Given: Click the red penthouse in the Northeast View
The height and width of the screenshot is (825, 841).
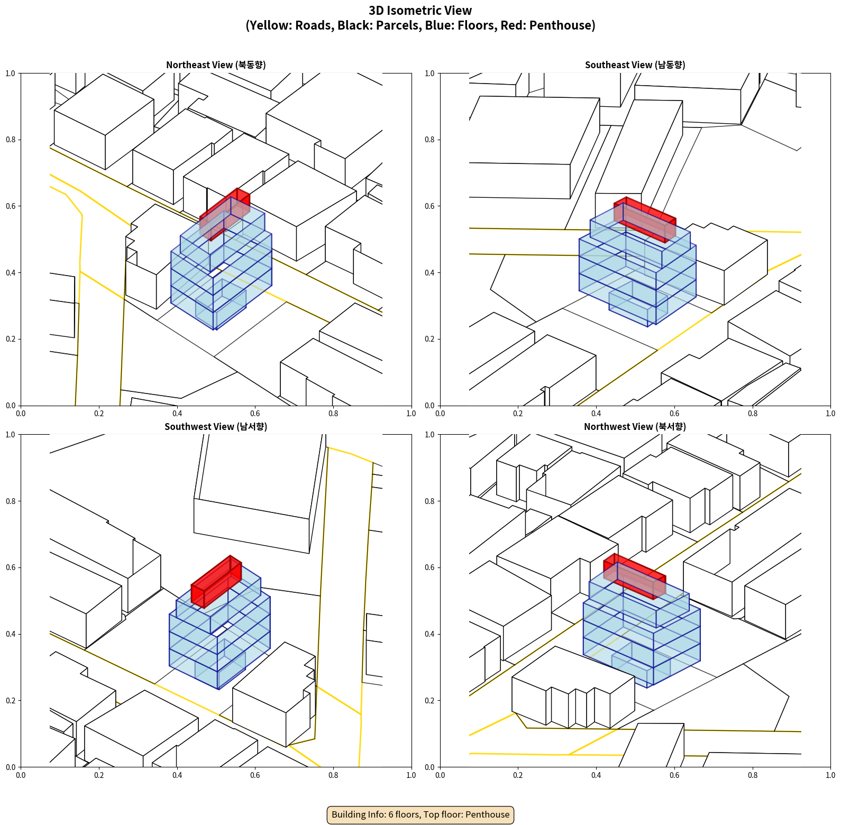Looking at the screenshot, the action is coord(225,214).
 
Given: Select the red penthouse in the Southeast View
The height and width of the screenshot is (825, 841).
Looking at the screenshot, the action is coord(645,220).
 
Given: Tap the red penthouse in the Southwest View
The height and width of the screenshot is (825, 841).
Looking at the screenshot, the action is coord(216,582).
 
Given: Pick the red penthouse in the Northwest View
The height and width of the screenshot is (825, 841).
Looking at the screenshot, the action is coord(635,576).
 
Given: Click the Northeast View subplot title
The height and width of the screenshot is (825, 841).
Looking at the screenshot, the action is coord(216,65).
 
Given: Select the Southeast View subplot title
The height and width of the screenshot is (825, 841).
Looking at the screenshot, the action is coord(635,65).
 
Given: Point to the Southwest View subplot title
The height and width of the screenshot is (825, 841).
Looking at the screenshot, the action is coord(216,427).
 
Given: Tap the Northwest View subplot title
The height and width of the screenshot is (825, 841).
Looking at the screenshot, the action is coord(635,427).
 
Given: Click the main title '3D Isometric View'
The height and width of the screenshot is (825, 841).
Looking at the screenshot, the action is coord(420,11).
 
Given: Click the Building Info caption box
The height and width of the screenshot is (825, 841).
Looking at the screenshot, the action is coord(420,814).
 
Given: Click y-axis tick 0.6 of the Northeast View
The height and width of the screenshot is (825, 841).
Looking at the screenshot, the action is coord(11,206).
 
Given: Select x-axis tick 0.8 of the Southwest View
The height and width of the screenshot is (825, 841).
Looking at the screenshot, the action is coord(333,775).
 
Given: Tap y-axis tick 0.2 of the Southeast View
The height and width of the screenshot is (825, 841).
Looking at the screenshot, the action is coord(429,339).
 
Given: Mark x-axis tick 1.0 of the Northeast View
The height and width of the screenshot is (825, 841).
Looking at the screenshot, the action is coord(411,414).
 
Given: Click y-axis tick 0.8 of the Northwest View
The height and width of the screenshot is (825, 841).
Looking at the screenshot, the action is coord(429,501).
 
